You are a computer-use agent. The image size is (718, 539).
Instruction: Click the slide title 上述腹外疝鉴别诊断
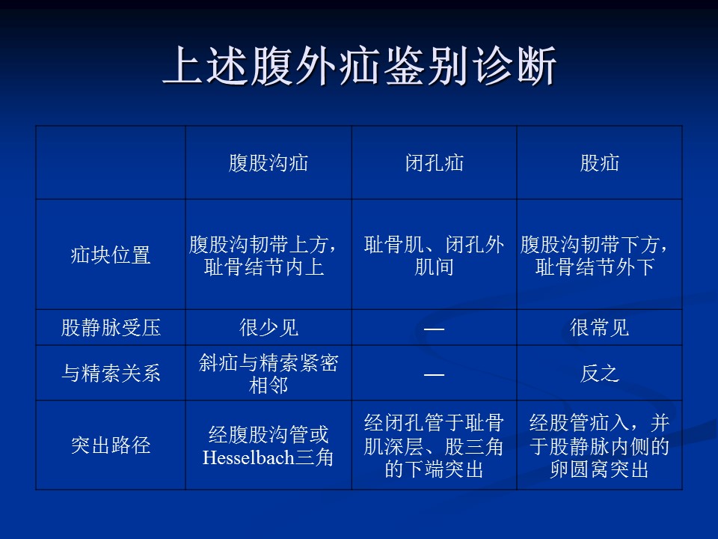(x=359, y=66)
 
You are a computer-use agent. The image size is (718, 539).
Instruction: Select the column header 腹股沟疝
(x=269, y=163)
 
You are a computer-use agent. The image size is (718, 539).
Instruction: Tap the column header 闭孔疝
(x=434, y=163)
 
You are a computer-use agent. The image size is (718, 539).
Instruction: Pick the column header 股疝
(x=599, y=163)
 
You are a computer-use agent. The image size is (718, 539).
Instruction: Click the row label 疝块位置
(x=111, y=255)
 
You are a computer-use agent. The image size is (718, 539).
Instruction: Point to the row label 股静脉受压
(x=111, y=328)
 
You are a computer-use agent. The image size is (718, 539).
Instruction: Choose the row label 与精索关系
(x=111, y=373)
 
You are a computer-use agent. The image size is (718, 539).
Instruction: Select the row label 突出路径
(x=111, y=445)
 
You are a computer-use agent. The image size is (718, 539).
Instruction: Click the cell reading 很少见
(x=269, y=328)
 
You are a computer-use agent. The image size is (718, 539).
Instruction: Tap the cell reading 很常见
(x=599, y=328)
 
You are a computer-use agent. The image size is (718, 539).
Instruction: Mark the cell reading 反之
(x=599, y=373)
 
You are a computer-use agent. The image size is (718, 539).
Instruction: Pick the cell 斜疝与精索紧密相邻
(x=269, y=374)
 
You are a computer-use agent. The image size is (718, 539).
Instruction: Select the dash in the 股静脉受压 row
(x=434, y=329)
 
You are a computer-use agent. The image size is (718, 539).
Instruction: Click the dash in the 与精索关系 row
(x=434, y=374)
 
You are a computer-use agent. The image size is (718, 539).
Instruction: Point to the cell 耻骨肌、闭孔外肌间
(x=434, y=255)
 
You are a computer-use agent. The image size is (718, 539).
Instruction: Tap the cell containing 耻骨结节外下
(x=595, y=255)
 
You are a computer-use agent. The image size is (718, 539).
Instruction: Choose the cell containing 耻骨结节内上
(x=264, y=255)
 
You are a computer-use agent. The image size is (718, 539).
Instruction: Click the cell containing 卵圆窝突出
(x=599, y=445)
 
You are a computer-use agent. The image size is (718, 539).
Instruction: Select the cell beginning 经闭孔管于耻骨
(x=434, y=445)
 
